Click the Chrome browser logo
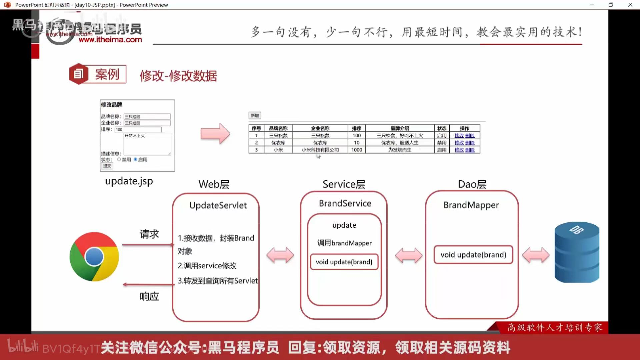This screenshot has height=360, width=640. click(94, 257)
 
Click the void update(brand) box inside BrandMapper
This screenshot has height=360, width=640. click(473, 255)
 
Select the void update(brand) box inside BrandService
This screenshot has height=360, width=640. click(344, 262)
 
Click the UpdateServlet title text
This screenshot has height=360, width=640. click(218, 205)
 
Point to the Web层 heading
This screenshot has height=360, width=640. click(214, 184)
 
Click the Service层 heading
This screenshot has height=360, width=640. click(344, 184)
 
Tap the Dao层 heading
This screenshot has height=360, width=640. click(472, 184)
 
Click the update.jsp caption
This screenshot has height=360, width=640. click(129, 181)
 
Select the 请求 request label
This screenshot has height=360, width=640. click(149, 234)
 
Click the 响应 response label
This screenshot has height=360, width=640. click(149, 296)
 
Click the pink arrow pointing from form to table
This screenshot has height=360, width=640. click(215, 134)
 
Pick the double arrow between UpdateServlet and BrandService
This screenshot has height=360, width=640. click(280, 255)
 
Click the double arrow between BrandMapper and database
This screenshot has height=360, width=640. click(536, 255)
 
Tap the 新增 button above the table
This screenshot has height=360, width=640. click(255, 116)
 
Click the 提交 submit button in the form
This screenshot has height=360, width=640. click(107, 166)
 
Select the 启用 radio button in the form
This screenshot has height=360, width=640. click(136, 160)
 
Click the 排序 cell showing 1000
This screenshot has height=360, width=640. click(357, 150)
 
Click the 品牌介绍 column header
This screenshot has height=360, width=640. click(400, 128)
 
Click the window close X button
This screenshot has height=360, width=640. click(630, 5)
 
